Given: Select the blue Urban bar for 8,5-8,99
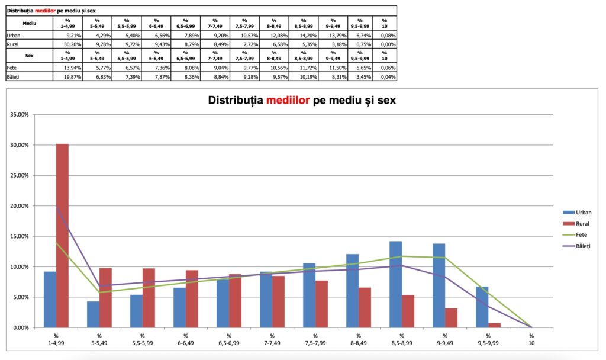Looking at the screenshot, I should coord(396,284).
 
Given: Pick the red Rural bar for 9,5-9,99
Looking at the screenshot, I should coord(494,325).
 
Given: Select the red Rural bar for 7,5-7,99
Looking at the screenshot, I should coord(321,304).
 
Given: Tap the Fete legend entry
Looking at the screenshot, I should coord(578,234).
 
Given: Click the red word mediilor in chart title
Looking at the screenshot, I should coord(288,101).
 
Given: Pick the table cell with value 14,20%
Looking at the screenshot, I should coord(308,36).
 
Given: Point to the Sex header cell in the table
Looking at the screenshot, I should coord(29,54).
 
